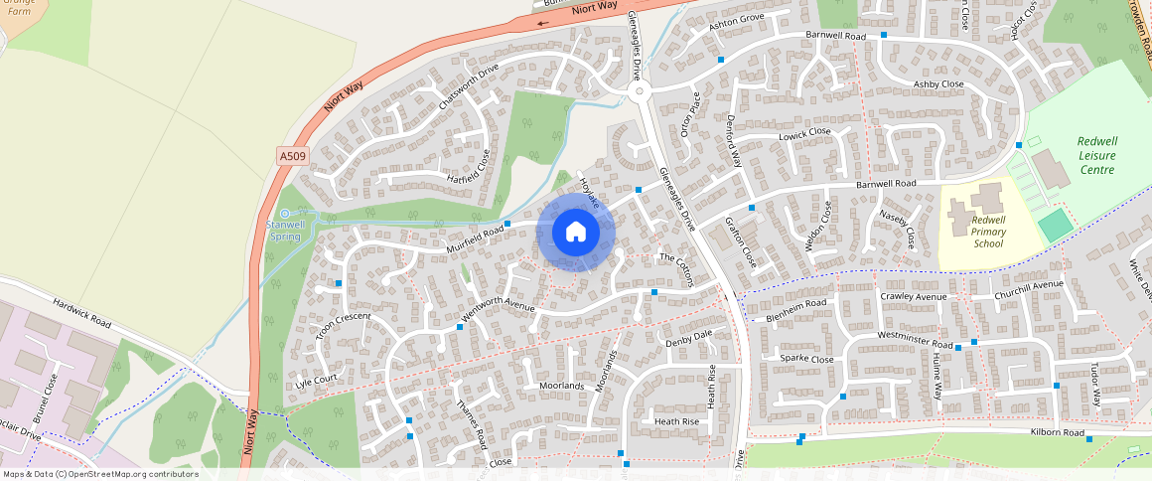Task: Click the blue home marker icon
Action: (576, 233)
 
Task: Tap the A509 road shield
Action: (293, 156)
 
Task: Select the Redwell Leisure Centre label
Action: (1096, 155)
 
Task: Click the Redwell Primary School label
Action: (988, 232)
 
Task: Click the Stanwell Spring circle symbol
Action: (285, 214)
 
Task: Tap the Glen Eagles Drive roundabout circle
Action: (639, 92)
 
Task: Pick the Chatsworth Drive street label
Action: (468, 86)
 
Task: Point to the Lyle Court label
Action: (317, 380)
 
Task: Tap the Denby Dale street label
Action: (689, 339)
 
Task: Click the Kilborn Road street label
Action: (1057, 432)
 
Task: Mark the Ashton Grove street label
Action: (736, 23)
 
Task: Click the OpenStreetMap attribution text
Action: (99, 474)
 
